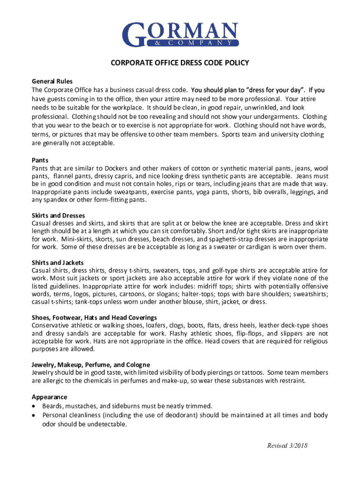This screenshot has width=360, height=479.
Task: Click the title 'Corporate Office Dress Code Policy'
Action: pos(180,63)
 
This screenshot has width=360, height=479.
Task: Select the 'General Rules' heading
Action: pos(52,81)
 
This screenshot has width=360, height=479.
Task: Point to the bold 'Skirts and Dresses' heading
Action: pos(58,215)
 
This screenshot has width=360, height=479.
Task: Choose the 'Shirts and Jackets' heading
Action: pos(58,262)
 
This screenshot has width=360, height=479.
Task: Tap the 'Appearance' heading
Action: pos(49,397)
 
